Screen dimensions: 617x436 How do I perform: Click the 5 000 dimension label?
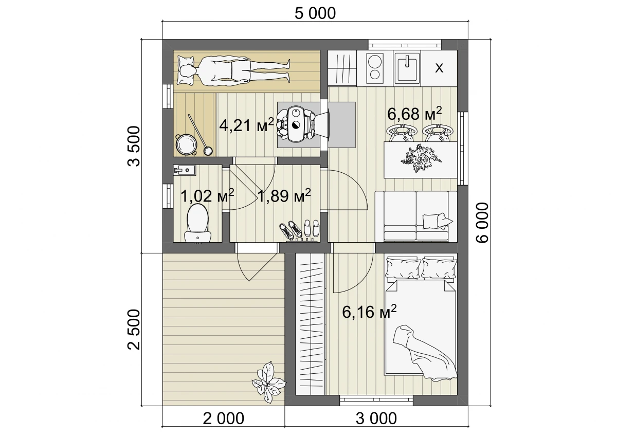(315, 13)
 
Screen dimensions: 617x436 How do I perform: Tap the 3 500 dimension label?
(134, 146)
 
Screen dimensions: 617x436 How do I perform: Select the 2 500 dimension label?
(134, 330)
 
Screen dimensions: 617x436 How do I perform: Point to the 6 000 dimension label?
(483, 223)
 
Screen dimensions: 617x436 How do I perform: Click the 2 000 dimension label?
(223, 419)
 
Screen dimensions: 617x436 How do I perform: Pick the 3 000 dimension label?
(376, 419)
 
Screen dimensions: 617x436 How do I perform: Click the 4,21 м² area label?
(246, 125)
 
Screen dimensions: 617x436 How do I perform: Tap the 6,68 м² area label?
(414, 113)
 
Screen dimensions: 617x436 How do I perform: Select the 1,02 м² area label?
(207, 195)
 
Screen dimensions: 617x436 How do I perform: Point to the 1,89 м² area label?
(284, 195)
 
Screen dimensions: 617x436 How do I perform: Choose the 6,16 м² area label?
(369, 311)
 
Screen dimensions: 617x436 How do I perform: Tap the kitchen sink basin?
(407, 68)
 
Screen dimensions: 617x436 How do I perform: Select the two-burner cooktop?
(375, 68)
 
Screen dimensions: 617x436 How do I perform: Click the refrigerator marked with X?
(439, 68)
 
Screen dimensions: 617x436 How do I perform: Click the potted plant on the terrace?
(268, 383)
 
